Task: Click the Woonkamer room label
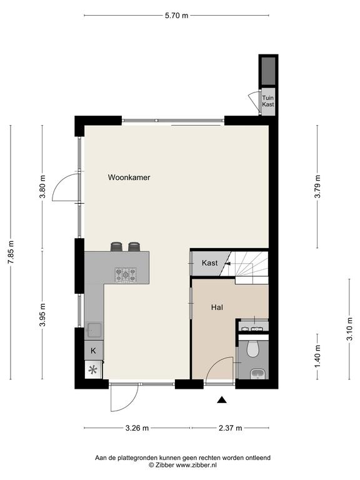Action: pyautogui.click(x=129, y=177)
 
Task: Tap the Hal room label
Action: pyautogui.click(x=217, y=307)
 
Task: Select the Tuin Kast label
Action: pyautogui.click(x=268, y=101)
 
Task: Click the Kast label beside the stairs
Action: pyautogui.click(x=210, y=262)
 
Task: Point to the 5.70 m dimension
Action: pyautogui.click(x=177, y=15)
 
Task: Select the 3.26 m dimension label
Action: pyautogui.click(x=137, y=427)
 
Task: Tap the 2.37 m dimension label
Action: pyautogui.click(x=230, y=427)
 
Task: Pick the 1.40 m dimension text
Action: pyautogui.click(x=317, y=356)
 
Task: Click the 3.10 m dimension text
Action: pyautogui.click(x=350, y=329)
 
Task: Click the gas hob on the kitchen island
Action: pyautogui.click(x=126, y=274)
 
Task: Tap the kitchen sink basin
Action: pyautogui.click(x=94, y=330)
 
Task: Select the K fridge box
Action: pyautogui.click(x=94, y=351)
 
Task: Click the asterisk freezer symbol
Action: pyautogui.click(x=93, y=370)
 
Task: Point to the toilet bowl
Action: pyautogui.click(x=253, y=349)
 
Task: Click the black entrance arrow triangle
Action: pyautogui.click(x=222, y=399)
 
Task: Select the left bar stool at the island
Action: pyautogui.click(x=117, y=246)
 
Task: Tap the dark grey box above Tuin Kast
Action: pyautogui.click(x=268, y=71)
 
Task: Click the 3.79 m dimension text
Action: pyautogui.click(x=317, y=186)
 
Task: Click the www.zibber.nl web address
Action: pyautogui.click(x=196, y=465)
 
